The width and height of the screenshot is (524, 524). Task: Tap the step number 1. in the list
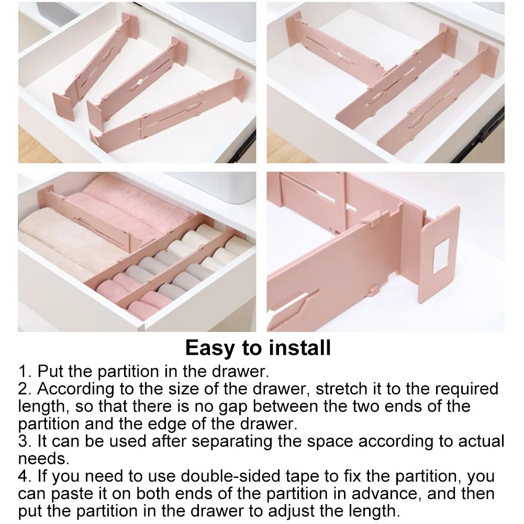25,372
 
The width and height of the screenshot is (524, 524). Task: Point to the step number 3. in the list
25,441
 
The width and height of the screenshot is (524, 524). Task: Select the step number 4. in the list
25,477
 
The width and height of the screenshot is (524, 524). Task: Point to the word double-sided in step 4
218,477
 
